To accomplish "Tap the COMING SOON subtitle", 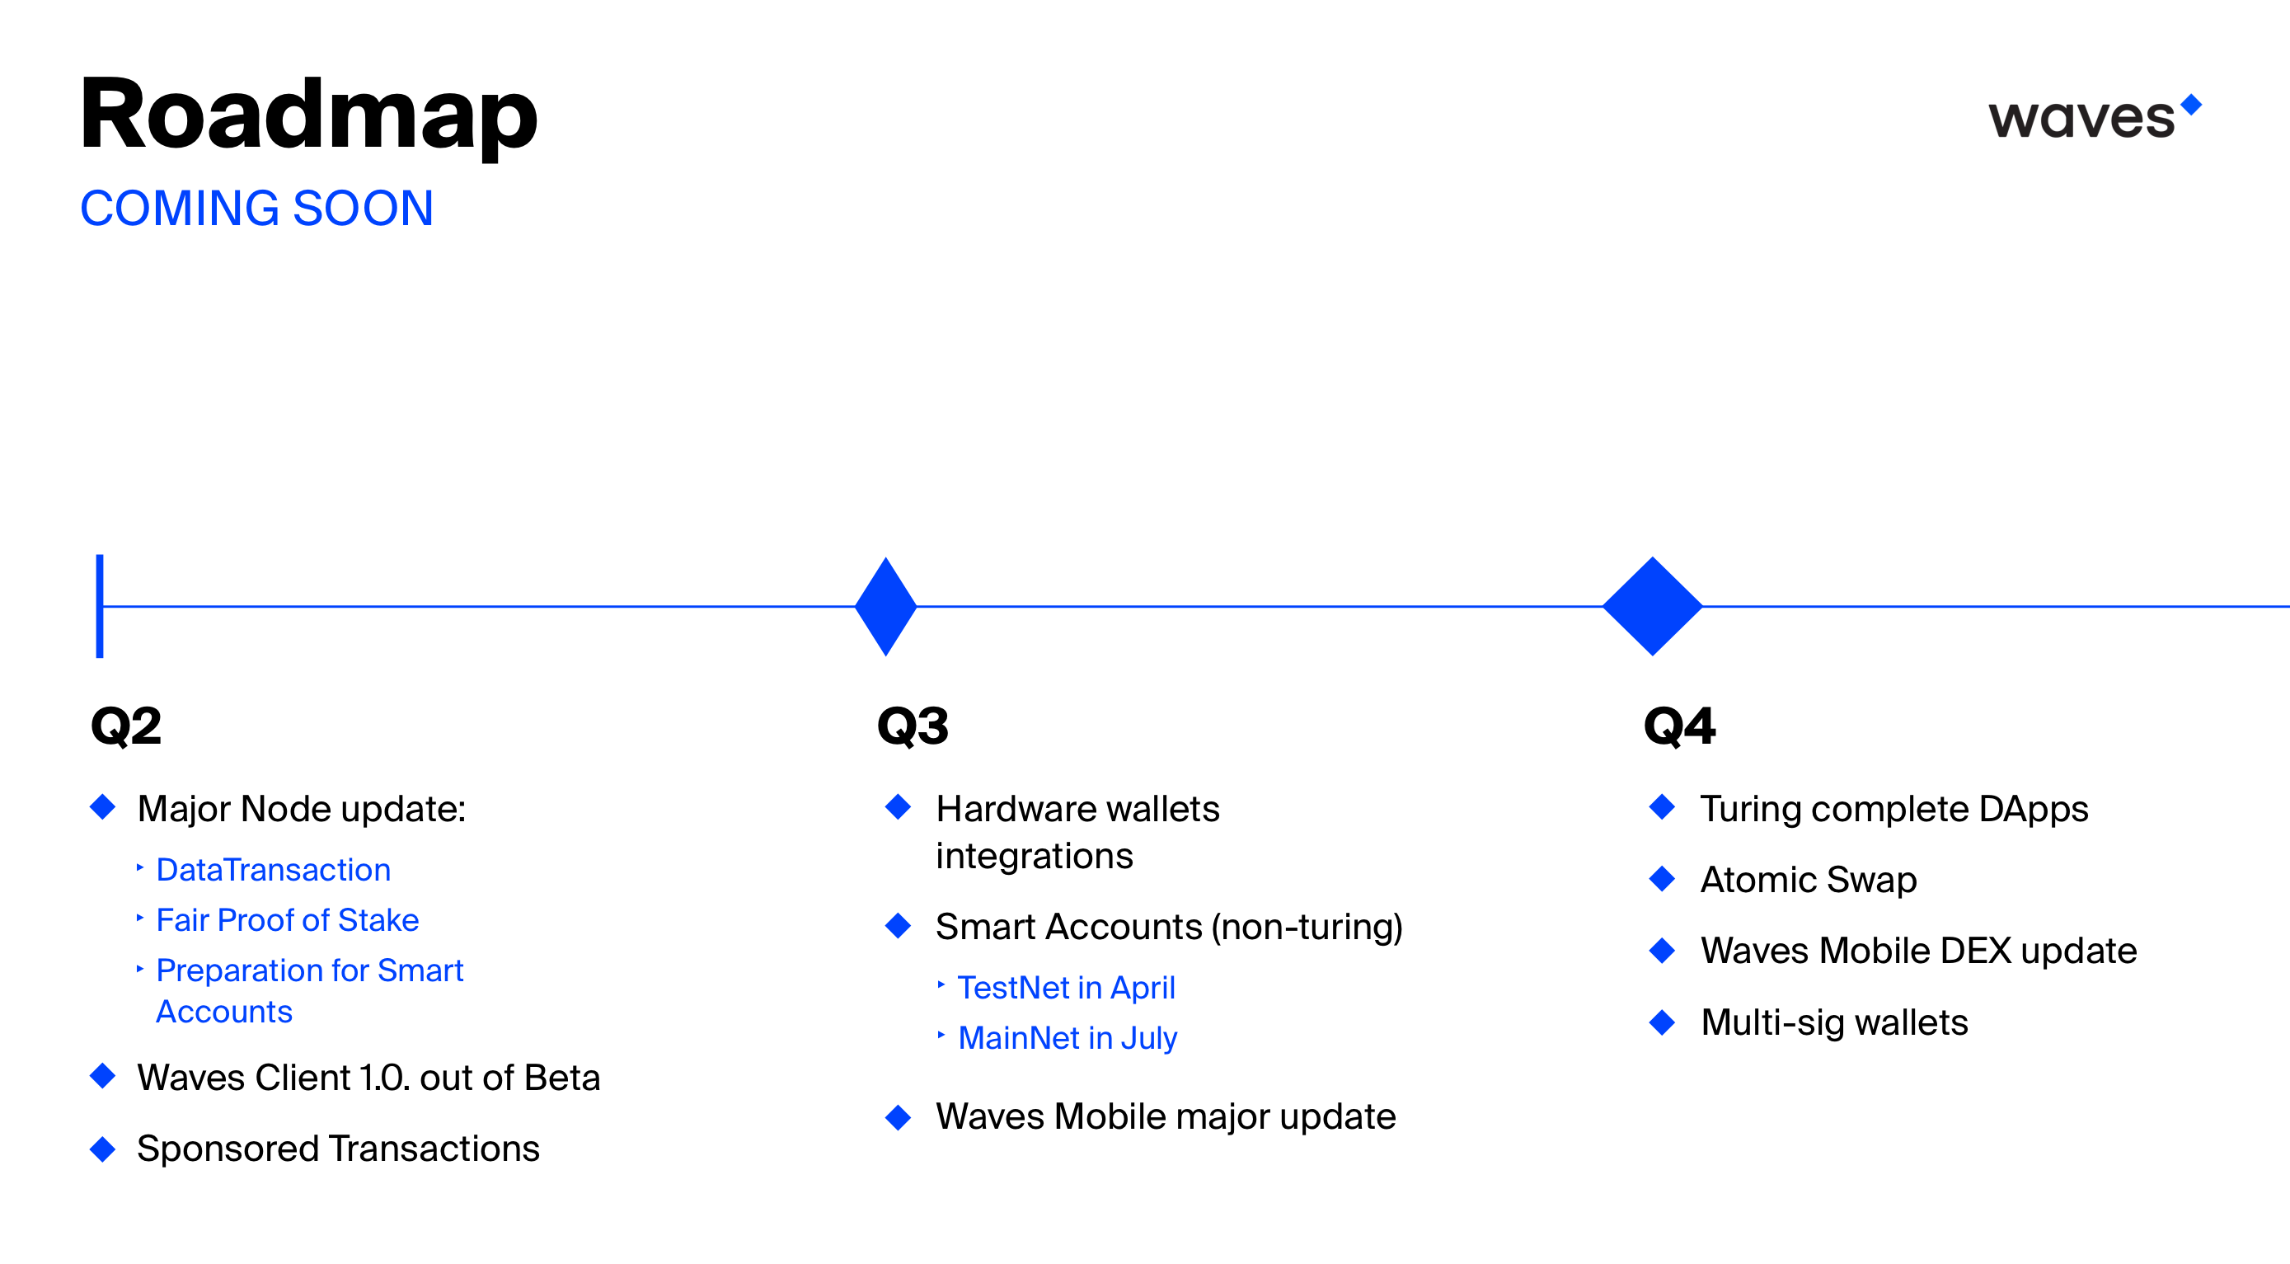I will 256,208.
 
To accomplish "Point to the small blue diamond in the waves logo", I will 2191,104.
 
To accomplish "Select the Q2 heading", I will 126,726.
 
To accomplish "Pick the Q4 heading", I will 1679,726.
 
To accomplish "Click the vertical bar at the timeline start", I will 100,606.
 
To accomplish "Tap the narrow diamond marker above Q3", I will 885,606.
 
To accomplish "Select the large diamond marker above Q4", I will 1652,606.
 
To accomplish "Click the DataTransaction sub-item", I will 273,869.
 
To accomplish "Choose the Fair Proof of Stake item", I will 287,920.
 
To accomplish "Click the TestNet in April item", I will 1066,988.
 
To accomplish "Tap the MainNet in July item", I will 1067,1038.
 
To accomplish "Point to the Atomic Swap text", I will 1808,880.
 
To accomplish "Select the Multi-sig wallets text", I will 1834,1022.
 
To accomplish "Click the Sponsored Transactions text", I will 338,1149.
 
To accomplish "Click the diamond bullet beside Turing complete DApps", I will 1662,807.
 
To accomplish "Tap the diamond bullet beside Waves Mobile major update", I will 898,1116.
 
